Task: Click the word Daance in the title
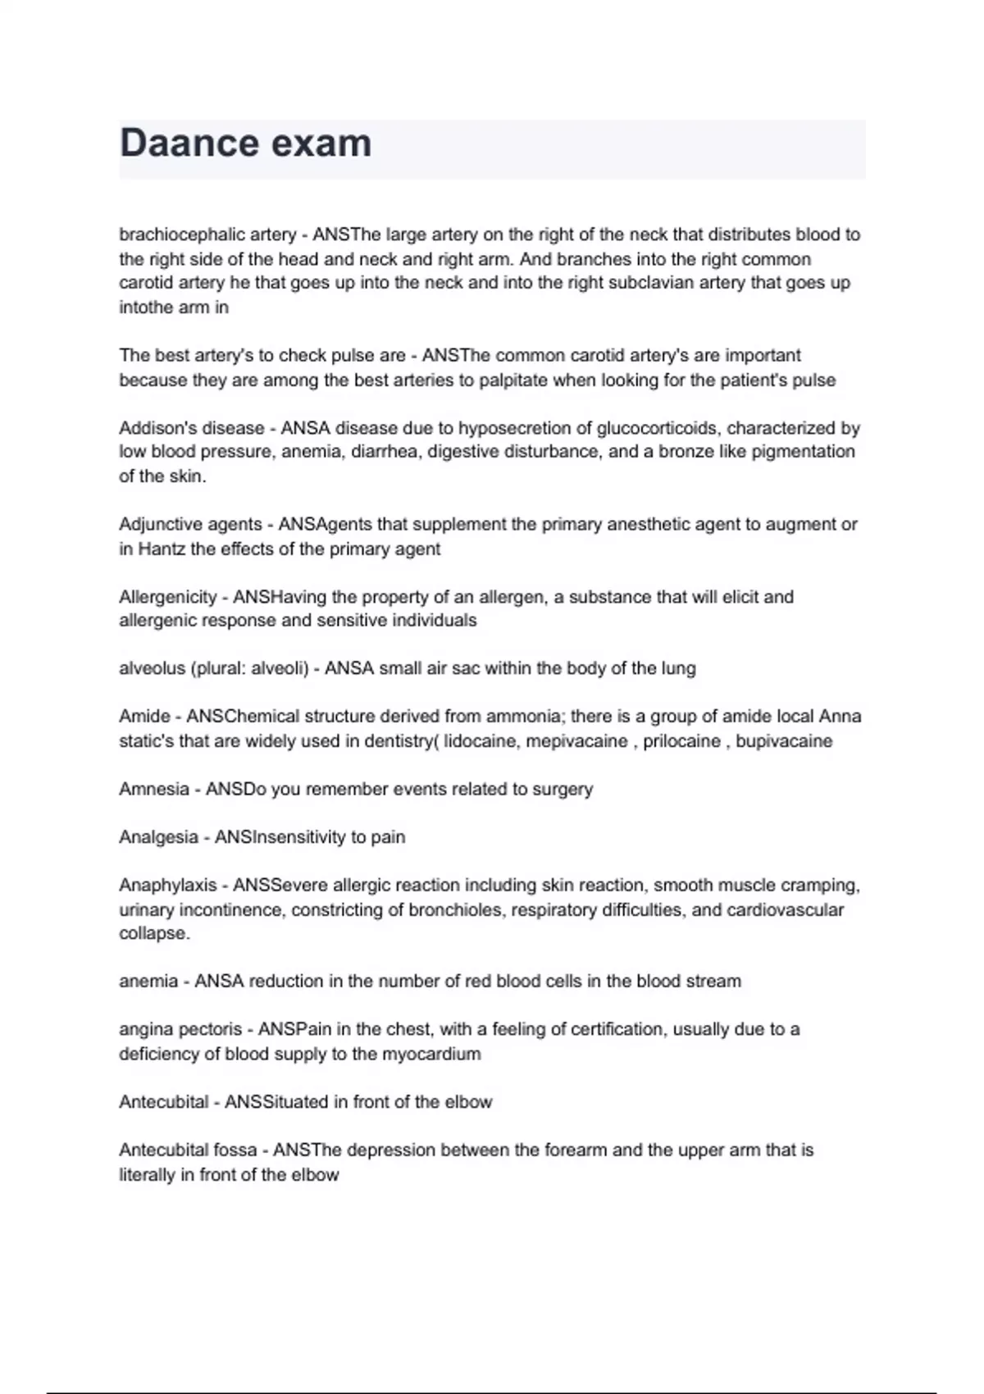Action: pyautogui.click(x=188, y=143)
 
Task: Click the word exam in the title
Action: pyautogui.click(x=321, y=143)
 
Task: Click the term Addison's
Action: pyautogui.click(x=157, y=428)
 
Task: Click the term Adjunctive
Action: pyautogui.click(x=157, y=524)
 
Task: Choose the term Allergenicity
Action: pyautogui.click(x=168, y=597)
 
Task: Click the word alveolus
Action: pyautogui.click(x=152, y=669)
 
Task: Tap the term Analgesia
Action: pyautogui.click(x=158, y=837)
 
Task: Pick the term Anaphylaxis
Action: pyautogui.click(x=168, y=886)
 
